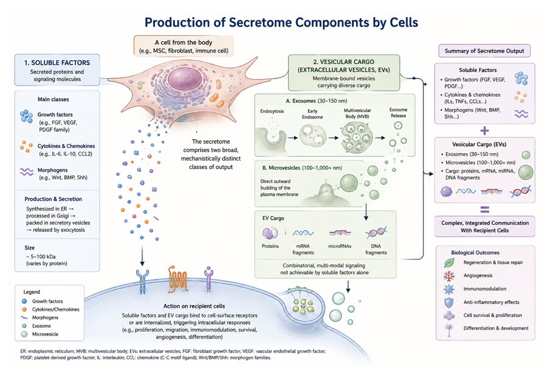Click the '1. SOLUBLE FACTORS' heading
[57, 63]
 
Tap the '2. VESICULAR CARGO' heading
[344, 62]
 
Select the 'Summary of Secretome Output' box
[484, 50]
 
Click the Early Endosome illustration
[313, 136]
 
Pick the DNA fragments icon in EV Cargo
[376, 232]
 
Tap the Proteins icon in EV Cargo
[270, 233]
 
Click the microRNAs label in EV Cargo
[340, 246]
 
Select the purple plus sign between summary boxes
[484, 131]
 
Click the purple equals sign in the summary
[484, 209]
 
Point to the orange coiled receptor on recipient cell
[177, 280]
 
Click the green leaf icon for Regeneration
[449, 263]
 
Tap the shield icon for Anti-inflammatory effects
[449, 303]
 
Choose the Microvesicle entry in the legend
[45, 334]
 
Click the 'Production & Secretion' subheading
[53, 199]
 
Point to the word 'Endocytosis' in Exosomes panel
[272, 111]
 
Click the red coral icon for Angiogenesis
[449, 276]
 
